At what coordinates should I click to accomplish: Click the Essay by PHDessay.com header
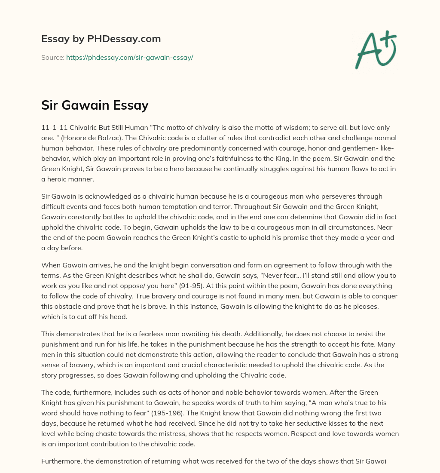pyautogui.click(x=101, y=39)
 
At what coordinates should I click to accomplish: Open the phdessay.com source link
pyautogui.click(x=129, y=57)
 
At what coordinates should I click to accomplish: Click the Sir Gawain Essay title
pyautogui.click(x=95, y=105)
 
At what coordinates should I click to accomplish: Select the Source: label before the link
pyautogui.click(x=53, y=57)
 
